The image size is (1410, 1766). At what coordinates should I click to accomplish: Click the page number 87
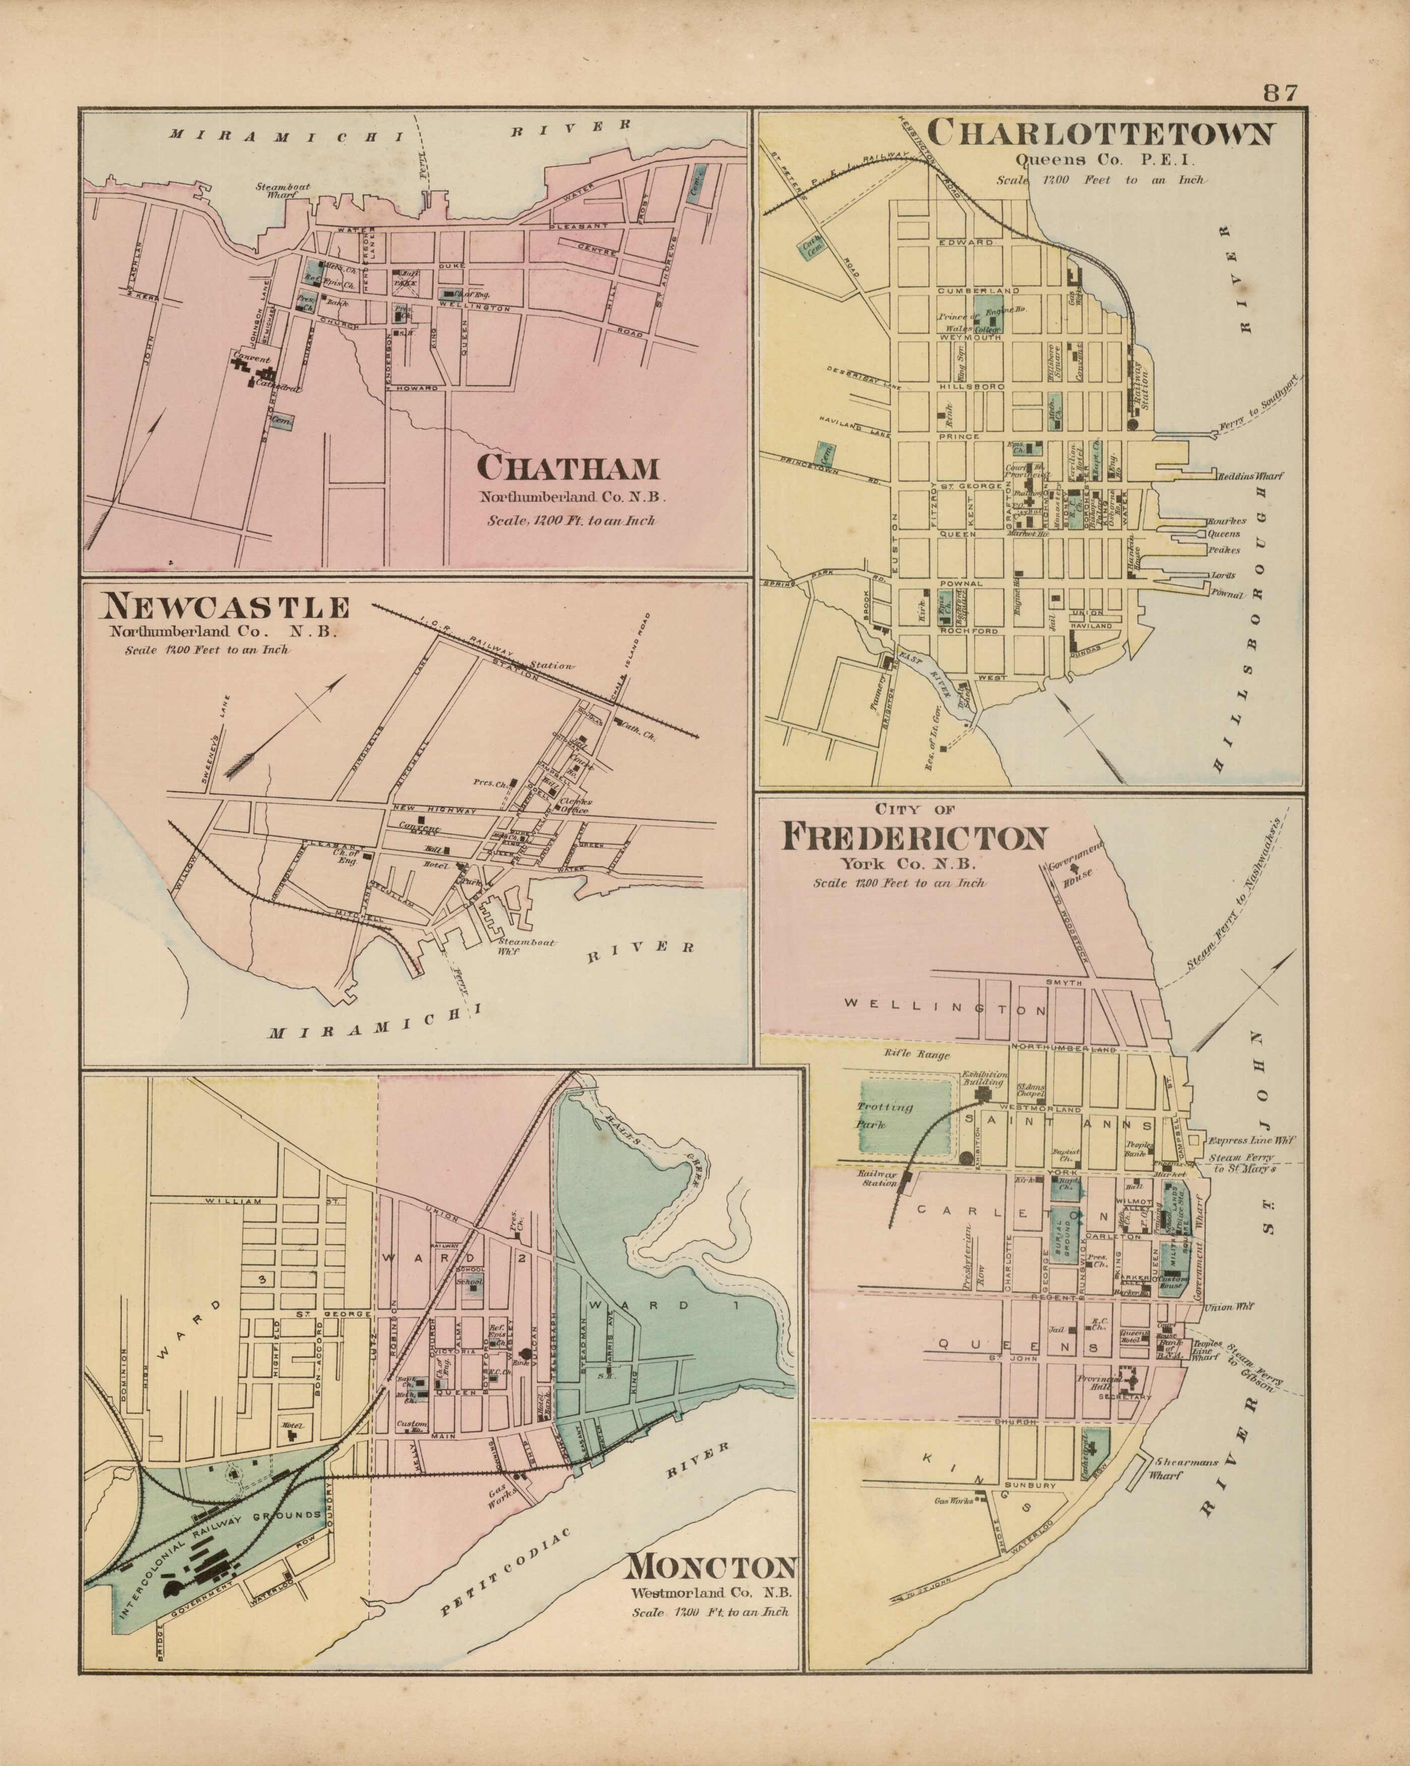1280,92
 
